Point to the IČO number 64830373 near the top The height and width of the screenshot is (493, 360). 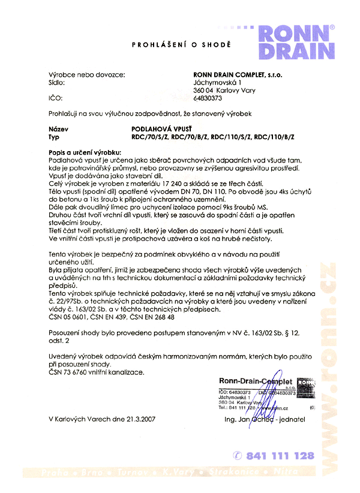208,97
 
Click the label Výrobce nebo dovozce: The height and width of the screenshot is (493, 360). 86,74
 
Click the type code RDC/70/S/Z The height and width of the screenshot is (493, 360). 150,137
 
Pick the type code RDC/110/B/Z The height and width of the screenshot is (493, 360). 275,137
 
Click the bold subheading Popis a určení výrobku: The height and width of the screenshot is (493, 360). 85,153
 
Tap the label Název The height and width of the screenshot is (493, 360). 58,128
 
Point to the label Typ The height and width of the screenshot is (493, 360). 54,137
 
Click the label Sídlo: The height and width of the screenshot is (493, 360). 58,82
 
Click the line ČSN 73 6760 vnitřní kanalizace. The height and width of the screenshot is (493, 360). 97,372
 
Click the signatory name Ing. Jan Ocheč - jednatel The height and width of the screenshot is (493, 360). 264,419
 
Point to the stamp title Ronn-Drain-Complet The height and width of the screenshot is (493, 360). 255,381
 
